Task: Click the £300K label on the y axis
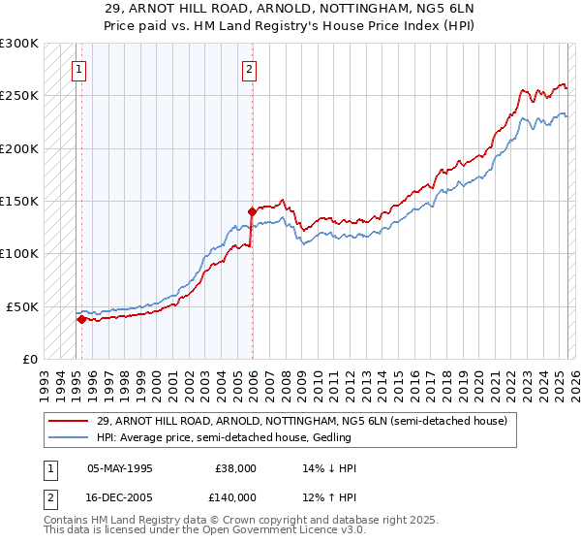pyautogui.click(x=19, y=44)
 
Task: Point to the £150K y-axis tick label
pyautogui.click(x=19, y=201)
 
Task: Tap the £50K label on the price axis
pyautogui.click(x=22, y=306)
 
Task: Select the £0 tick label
pyautogui.click(x=30, y=359)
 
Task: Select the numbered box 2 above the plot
pyautogui.click(x=250, y=69)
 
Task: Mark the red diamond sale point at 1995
pyautogui.click(x=81, y=318)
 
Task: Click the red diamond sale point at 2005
pyautogui.click(x=252, y=210)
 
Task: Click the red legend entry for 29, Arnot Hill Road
pyautogui.click(x=301, y=421)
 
